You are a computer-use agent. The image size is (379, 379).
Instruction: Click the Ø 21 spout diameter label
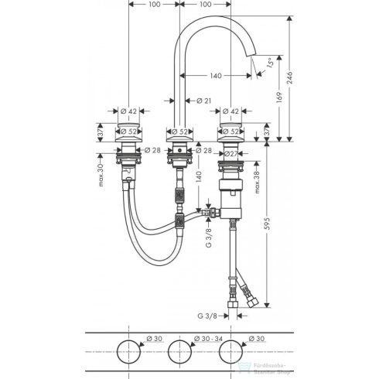204,100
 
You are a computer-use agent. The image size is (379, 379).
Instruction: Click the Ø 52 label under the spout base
179,131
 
